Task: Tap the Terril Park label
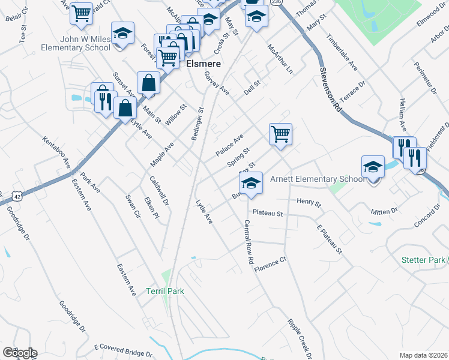164,292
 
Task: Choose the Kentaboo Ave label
56,152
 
